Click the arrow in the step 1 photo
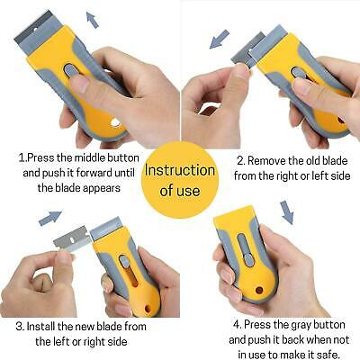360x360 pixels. (x=91, y=18)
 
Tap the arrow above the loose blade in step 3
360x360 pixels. (x=50, y=218)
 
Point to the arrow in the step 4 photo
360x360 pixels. (x=287, y=212)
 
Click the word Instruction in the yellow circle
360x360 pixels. (x=179, y=171)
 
